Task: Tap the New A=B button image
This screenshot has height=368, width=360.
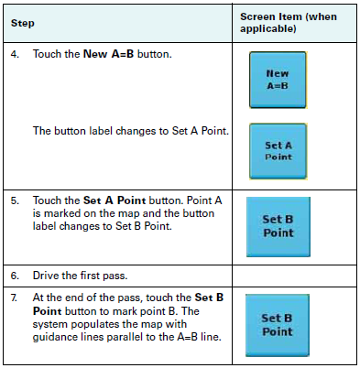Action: (278, 81)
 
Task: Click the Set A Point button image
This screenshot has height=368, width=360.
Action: (278, 150)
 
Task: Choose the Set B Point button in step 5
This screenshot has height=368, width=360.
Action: (278, 226)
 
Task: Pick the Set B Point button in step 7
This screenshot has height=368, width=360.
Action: (278, 325)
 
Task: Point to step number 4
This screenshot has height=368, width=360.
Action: (15, 55)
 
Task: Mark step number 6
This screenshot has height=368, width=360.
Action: (15, 276)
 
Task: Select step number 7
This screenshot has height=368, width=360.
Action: (15, 298)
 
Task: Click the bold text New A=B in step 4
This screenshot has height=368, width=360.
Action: (114, 55)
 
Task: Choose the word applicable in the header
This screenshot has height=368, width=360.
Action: (268, 29)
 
